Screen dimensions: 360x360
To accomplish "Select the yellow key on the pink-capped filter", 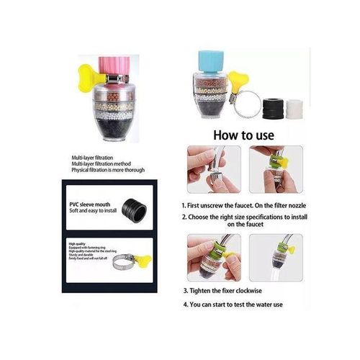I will (89, 73).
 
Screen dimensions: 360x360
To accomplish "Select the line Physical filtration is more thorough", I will (108, 170).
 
